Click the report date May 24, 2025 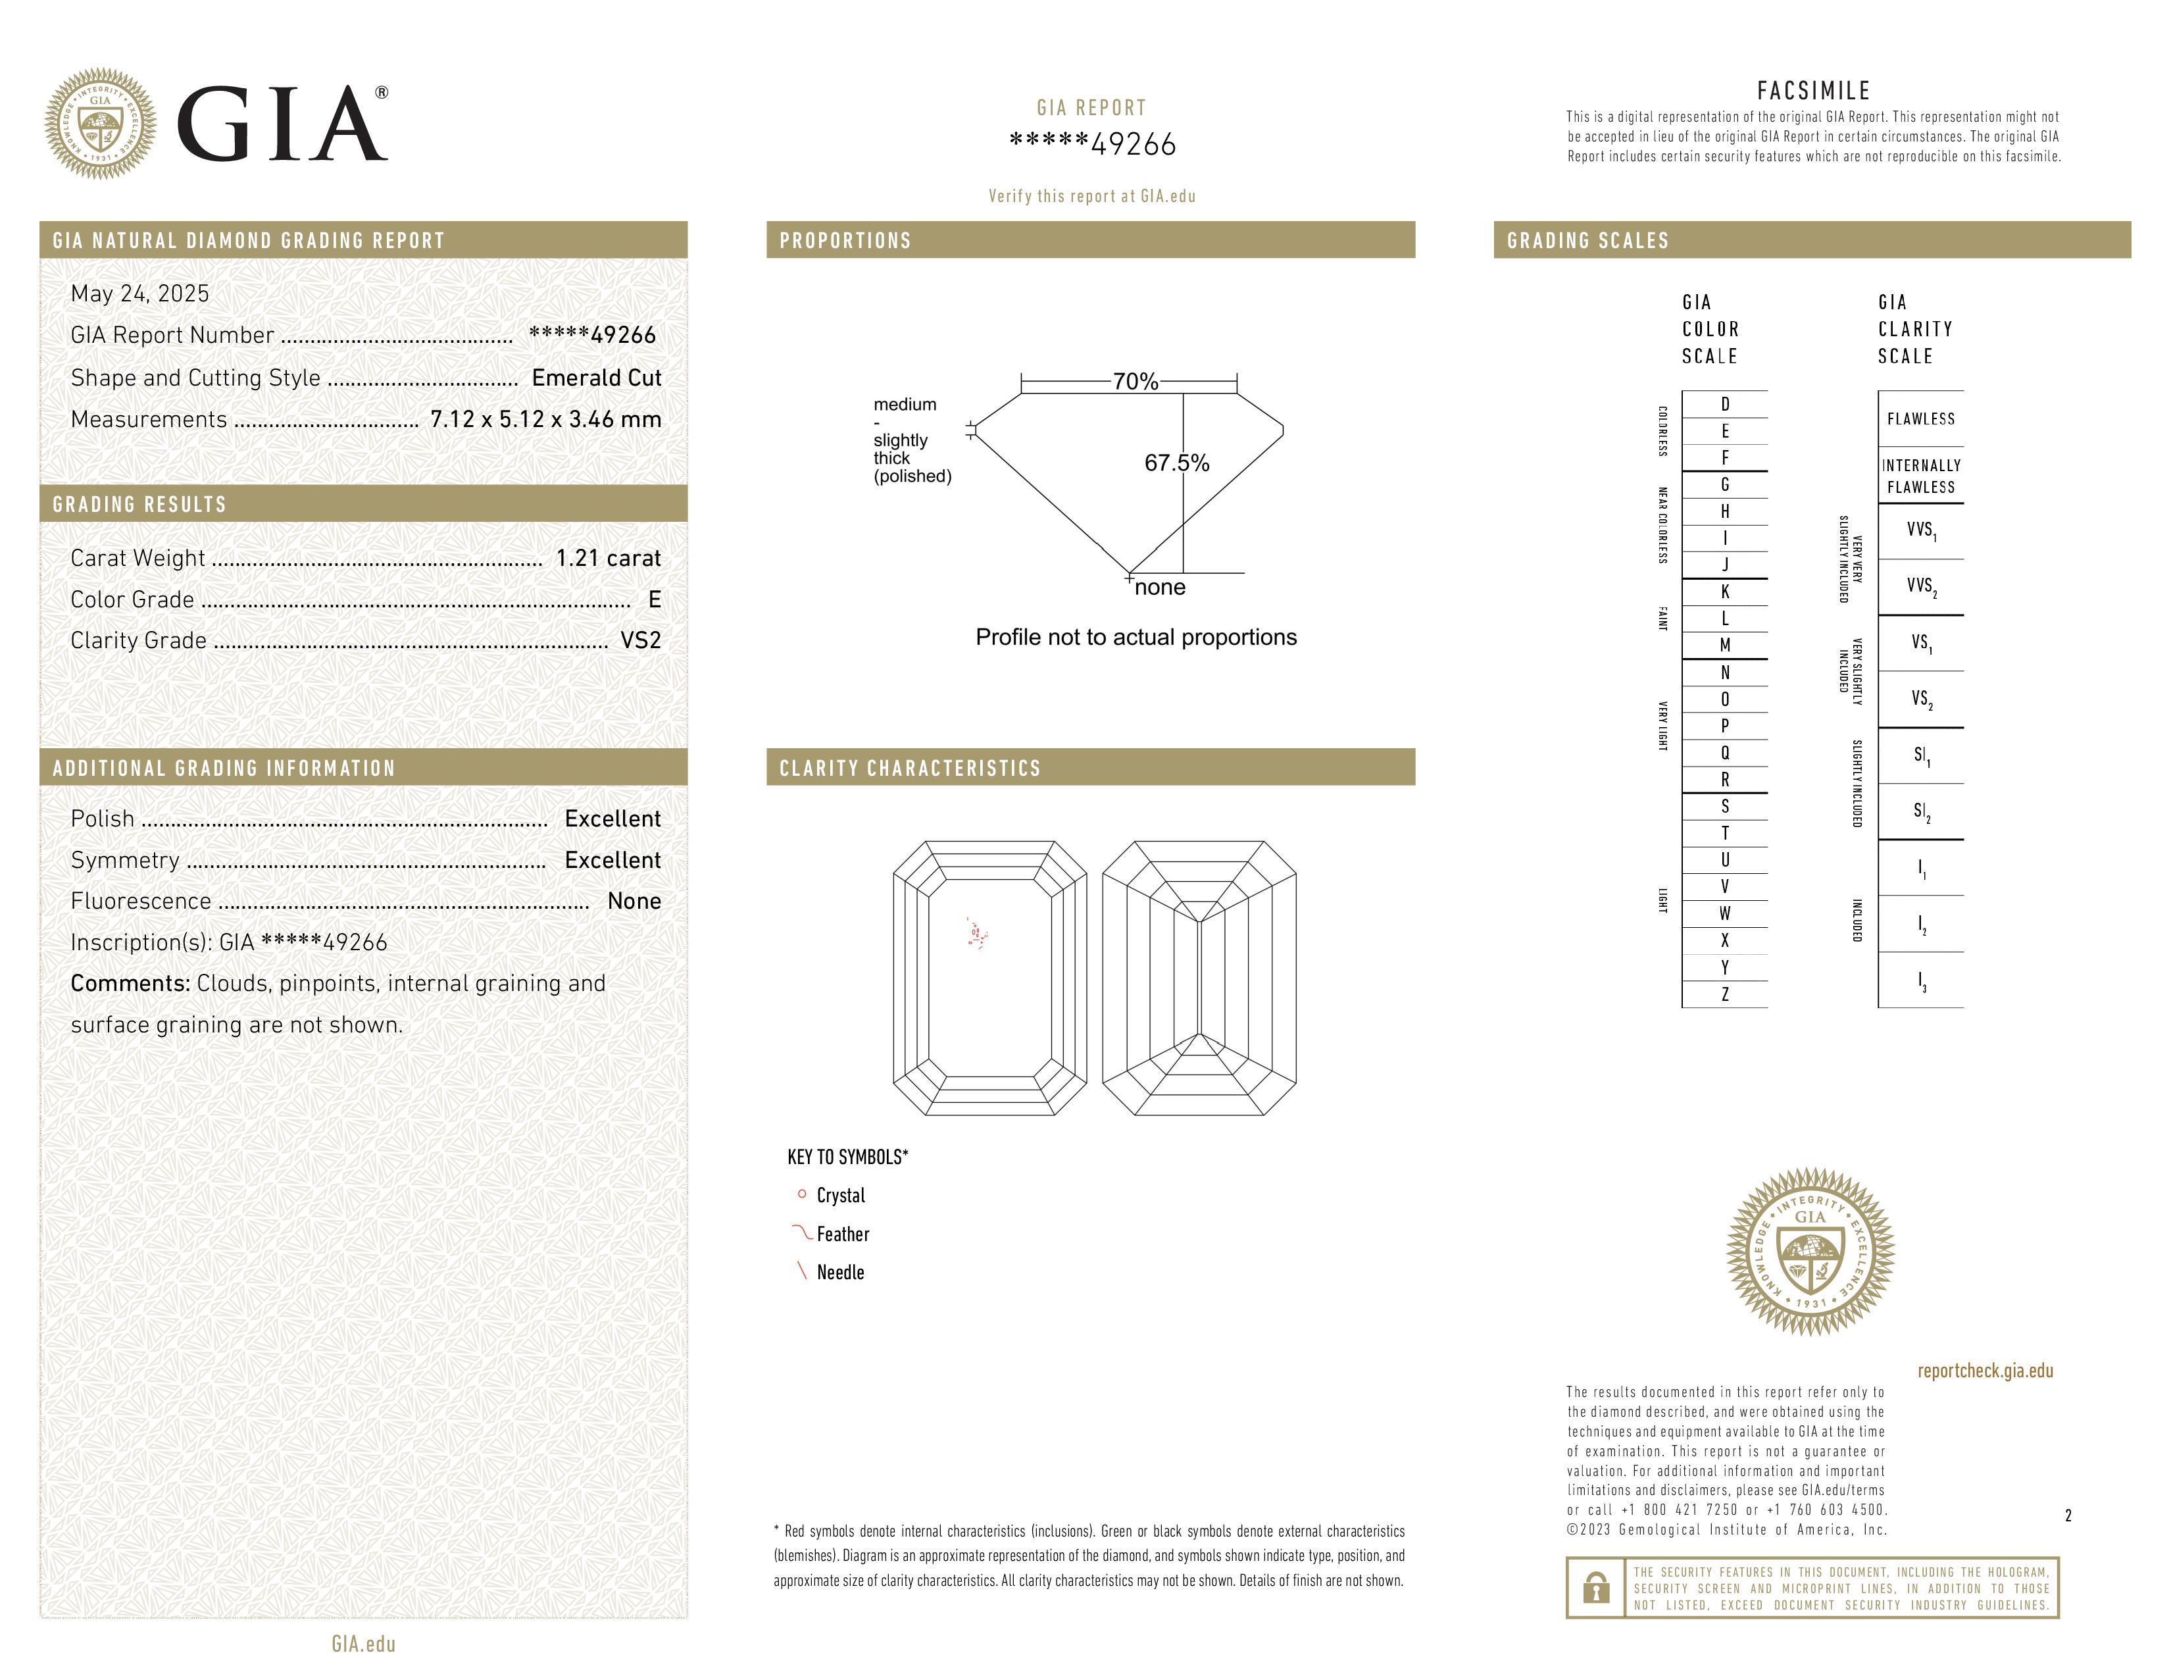coord(140,293)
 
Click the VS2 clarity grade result coord(640,640)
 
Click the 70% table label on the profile coord(1135,382)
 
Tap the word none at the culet coord(1160,588)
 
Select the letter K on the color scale coord(1725,592)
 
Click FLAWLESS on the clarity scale coord(1920,419)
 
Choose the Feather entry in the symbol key coord(842,1234)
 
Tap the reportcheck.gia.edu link coord(1984,1371)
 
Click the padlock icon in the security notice coord(1595,1588)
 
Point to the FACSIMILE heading coord(1813,90)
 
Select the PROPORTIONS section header coord(845,241)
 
